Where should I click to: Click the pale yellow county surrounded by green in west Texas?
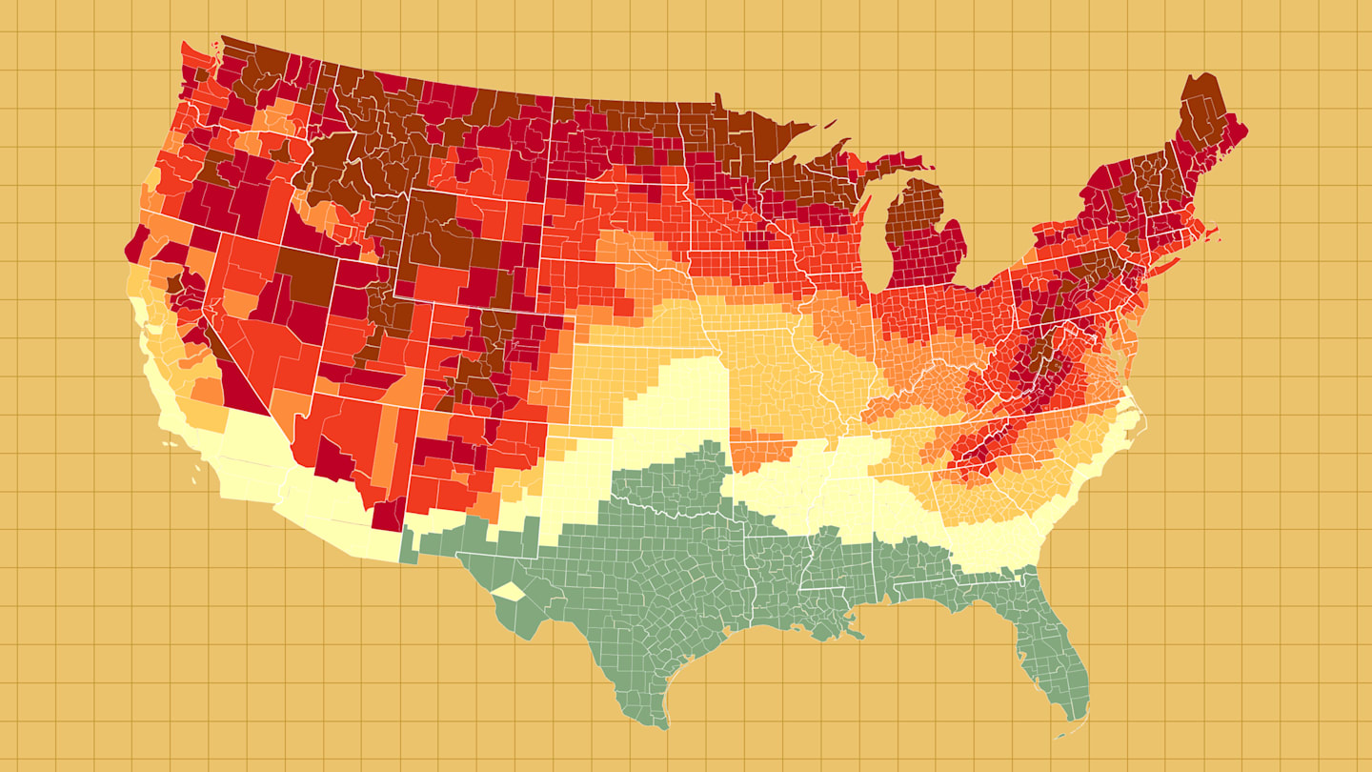(x=507, y=591)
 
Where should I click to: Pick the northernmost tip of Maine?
(x=1209, y=76)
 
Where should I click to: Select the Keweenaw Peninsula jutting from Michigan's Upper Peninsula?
(x=843, y=147)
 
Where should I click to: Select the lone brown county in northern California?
(x=174, y=283)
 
